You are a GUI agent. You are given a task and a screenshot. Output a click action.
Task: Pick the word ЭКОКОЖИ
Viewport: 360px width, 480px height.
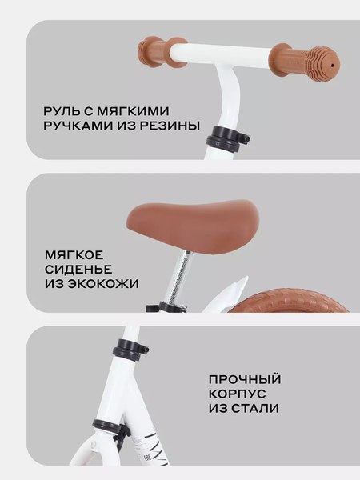tap(102, 283)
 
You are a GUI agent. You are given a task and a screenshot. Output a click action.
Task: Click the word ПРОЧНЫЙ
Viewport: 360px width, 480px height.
tap(245, 379)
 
